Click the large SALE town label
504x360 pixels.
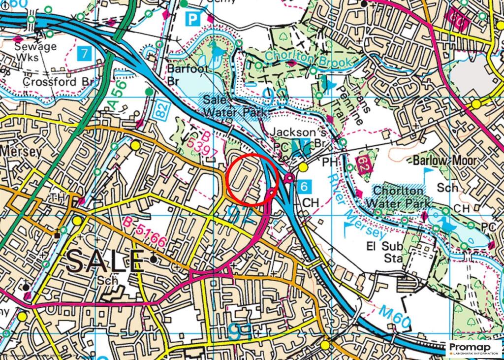tap(105, 261)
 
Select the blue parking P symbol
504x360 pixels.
tap(193, 19)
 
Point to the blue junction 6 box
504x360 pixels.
tap(305, 187)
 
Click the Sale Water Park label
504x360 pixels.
tap(235, 106)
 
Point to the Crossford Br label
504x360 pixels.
tap(50, 82)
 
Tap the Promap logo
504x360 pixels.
tap(473, 349)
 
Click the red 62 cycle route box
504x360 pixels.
tap(362, 165)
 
